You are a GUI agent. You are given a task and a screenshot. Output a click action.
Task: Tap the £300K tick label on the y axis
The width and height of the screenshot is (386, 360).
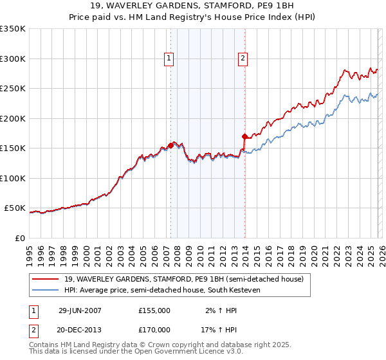click(x=13, y=59)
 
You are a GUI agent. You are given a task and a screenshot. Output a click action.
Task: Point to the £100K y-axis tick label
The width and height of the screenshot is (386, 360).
click(x=13, y=178)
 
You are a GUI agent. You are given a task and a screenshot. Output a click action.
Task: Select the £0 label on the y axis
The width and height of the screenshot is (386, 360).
click(x=19, y=238)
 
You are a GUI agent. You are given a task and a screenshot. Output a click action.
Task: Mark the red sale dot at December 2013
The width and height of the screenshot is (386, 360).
click(x=244, y=136)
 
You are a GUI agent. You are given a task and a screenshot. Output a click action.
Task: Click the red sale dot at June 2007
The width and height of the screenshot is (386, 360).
click(x=171, y=145)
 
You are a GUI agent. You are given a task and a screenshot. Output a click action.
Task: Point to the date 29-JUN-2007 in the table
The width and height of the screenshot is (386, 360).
click(x=80, y=310)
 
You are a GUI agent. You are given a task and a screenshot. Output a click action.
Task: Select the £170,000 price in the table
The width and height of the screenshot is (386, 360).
click(x=154, y=329)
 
